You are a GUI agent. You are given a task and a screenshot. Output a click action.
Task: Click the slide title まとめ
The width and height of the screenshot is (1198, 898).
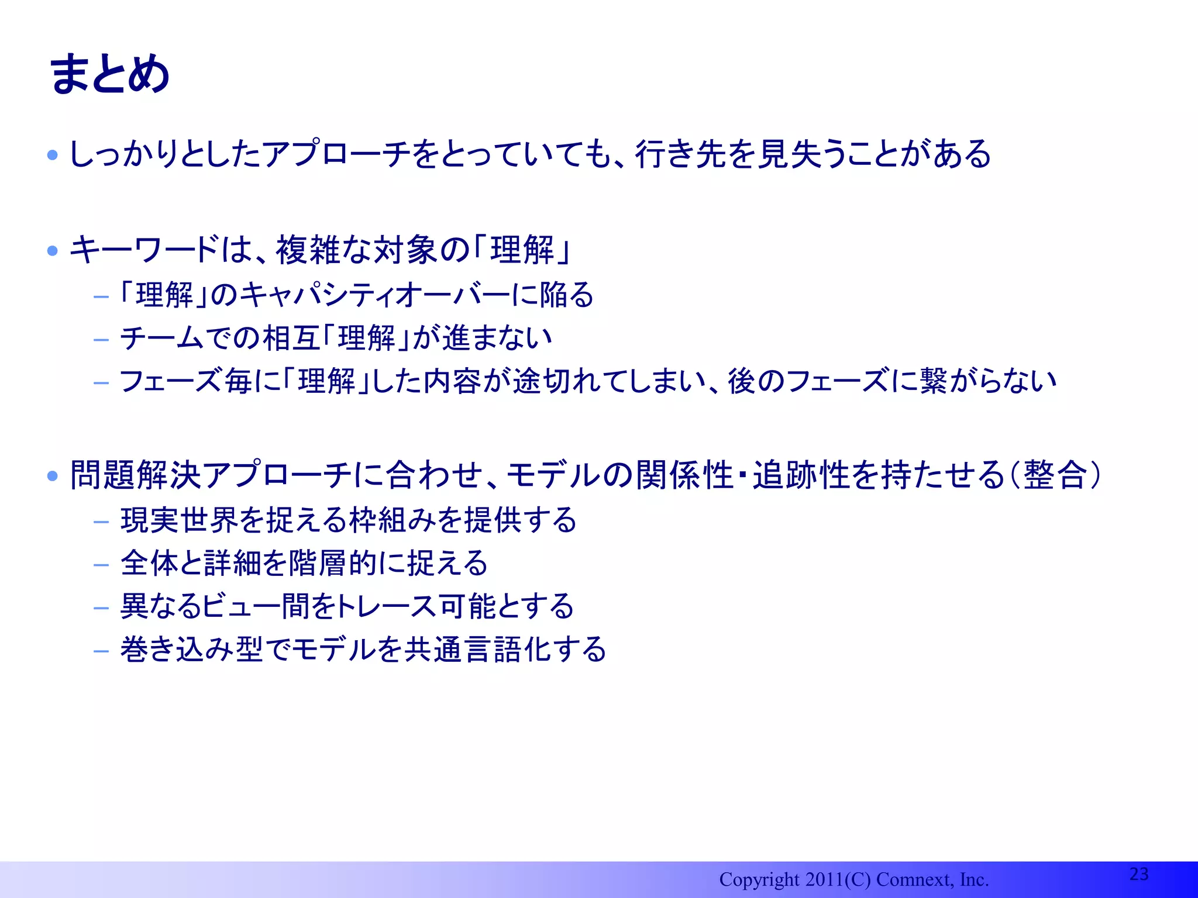click(110, 74)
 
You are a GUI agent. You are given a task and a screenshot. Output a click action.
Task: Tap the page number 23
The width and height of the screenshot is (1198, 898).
click(1138, 873)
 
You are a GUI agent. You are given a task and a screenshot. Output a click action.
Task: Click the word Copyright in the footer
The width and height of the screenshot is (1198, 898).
click(759, 879)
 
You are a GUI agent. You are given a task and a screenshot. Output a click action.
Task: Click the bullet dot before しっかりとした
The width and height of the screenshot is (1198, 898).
click(53, 155)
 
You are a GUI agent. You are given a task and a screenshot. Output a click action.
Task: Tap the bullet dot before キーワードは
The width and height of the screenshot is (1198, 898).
click(53, 251)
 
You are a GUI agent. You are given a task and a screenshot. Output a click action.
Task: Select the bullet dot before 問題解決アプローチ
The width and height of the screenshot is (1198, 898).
click(53, 475)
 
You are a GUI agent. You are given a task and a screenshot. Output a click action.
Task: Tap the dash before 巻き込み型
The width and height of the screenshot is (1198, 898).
click(101, 651)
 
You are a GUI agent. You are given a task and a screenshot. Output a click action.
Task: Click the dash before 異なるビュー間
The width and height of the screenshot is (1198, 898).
click(101, 607)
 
